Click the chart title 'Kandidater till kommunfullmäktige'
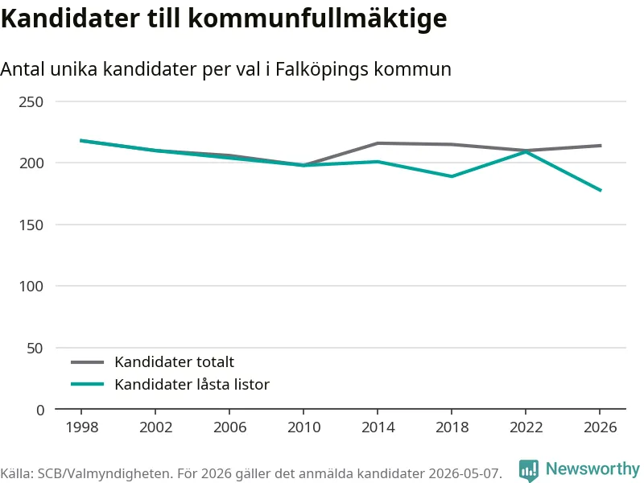[224, 19]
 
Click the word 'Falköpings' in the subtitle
[322, 69]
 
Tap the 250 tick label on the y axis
[31, 102]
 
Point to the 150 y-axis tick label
[31, 225]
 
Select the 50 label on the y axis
[35, 349]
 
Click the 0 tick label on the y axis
[39, 410]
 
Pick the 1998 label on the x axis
[82, 427]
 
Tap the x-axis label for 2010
[303, 427]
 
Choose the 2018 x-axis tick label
[452, 427]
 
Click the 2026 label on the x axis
[600, 427]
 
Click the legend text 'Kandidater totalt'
[174, 361]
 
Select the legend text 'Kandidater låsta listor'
[192, 385]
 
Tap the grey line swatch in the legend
[87, 362]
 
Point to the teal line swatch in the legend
[87, 385]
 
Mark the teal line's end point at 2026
[601, 190]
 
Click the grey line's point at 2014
[378, 143]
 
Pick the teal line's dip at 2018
[452, 176]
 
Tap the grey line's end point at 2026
[601, 146]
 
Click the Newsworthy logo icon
[529, 470]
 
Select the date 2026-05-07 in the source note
[464, 473]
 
